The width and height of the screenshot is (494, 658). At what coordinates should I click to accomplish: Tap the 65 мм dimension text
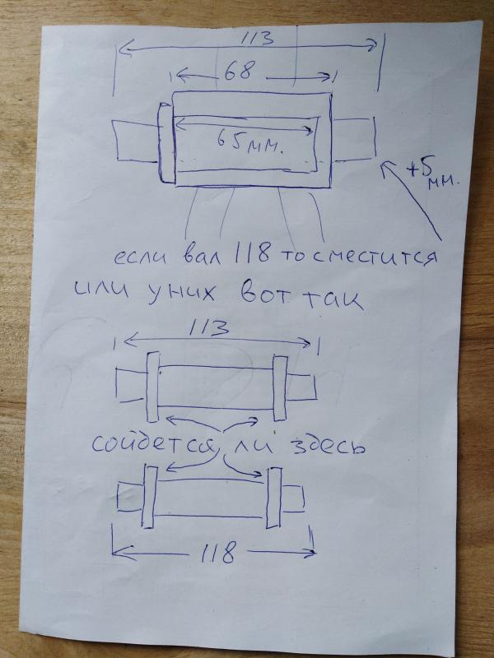click(x=249, y=142)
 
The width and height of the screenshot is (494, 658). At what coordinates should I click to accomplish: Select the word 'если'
click(x=140, y=257)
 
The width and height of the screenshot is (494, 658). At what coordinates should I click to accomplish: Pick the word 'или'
click(x=100, y=290)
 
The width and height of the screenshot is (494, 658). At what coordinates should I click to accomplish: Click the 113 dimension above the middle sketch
click(x=209, y=327)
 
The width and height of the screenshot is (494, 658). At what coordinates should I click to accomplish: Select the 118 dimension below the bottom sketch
click(x=217, y=553)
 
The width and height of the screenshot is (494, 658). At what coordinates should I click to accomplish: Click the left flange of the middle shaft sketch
click(x=152, y=387)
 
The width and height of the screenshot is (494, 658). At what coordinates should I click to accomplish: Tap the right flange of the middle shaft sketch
click(x=280, y=387)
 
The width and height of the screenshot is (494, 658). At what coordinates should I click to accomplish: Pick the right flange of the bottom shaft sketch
click(x=273, y=498)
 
